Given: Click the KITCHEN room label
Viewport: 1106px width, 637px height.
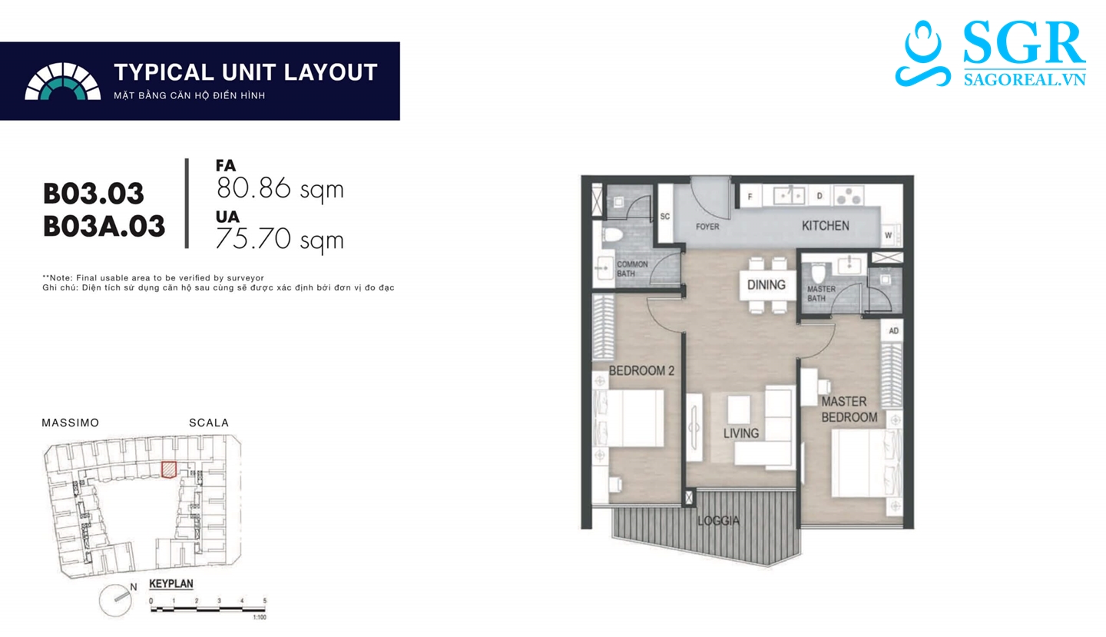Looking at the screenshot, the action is (825, 226).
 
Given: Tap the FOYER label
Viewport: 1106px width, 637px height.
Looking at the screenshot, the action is (707, 227).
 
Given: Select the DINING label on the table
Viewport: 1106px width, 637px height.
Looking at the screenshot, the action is (766, 285).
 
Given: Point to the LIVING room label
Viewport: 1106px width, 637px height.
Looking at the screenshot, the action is (741, 433).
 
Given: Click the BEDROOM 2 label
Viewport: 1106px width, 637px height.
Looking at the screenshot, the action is (641, 370).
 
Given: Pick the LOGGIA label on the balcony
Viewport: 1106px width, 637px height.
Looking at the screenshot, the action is (718, 520).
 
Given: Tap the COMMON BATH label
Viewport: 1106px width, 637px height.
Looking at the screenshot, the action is (632, 269).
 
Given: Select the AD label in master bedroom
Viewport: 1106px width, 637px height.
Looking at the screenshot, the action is (894, 331).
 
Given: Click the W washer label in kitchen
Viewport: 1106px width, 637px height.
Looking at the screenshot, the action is (888, 236).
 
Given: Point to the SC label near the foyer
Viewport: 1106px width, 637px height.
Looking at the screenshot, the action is (665, 216).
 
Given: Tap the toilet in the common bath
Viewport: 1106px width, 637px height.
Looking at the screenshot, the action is (611, 236).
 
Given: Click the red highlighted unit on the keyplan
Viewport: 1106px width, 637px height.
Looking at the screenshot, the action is (169, 469).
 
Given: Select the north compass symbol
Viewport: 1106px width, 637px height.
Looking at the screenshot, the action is (117, 600).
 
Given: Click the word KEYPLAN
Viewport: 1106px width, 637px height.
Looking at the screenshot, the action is (171, 584).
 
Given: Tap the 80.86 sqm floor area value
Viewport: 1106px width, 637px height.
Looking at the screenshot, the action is (280, 188).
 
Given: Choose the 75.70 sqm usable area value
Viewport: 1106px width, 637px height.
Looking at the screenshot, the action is (280, 240).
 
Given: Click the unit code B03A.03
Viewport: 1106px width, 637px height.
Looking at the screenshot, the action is (104, 226).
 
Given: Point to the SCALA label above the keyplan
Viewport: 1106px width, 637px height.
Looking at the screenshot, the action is (209, 423).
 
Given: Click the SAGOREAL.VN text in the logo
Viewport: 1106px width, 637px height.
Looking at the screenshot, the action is (1025, 79).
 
